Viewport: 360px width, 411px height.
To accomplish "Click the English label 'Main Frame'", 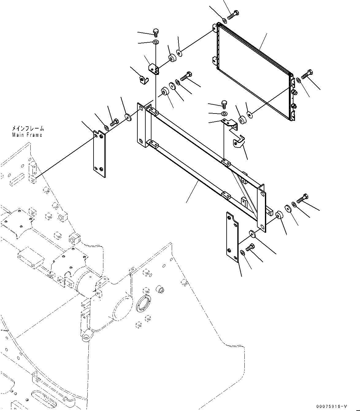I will click(27, 135).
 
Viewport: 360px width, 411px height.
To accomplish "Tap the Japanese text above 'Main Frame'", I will click(28, 129).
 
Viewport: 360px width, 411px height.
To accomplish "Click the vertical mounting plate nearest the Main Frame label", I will click(99, 153).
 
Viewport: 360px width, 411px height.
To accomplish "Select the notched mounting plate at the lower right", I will click(232, 236).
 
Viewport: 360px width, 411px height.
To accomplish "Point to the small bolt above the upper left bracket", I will click(156, 32).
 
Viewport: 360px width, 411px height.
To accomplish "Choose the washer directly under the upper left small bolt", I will click(156, 42).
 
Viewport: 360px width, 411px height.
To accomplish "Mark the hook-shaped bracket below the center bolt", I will click(239, 142).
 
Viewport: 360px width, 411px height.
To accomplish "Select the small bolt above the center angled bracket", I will click(224, 104).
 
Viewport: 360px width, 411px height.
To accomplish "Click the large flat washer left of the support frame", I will click(128, 117).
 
